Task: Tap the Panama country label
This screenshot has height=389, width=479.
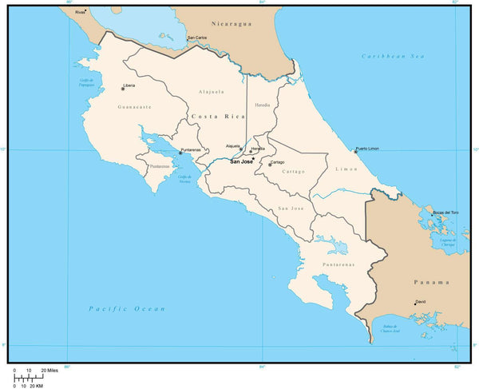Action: click(x=431, y=282)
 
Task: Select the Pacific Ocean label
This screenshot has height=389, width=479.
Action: click(x=127, y=308)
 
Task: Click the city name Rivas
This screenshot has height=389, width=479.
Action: click(x=79, y=13)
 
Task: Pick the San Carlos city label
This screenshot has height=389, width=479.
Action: click(x=197, y=38)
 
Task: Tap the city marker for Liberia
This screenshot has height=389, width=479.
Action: click(x=123, y=89)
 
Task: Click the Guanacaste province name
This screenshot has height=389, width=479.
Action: click(x=134, y=106)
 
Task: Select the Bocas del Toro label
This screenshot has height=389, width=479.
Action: click(x=446, y=212)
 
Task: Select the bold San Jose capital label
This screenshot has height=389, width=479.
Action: click(x=242, y=162)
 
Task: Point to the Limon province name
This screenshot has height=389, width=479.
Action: click(x=347, y=169)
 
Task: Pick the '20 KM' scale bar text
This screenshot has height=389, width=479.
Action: click(x=35, y=386)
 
